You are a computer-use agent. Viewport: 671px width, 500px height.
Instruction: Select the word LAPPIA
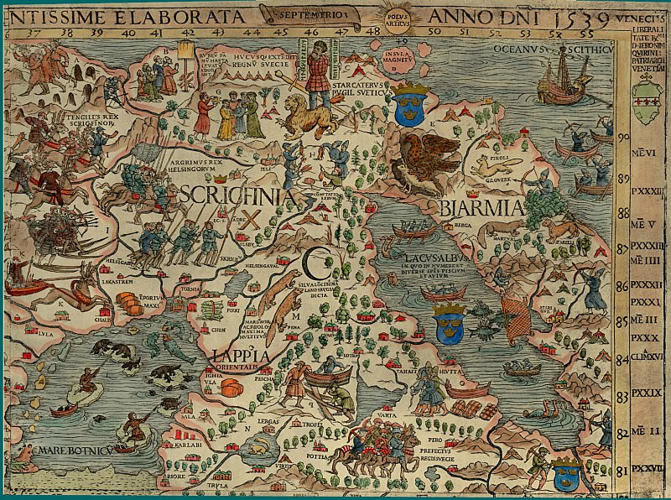tap(240, 357)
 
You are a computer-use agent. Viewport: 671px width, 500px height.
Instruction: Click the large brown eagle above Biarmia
tap(427, 159)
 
